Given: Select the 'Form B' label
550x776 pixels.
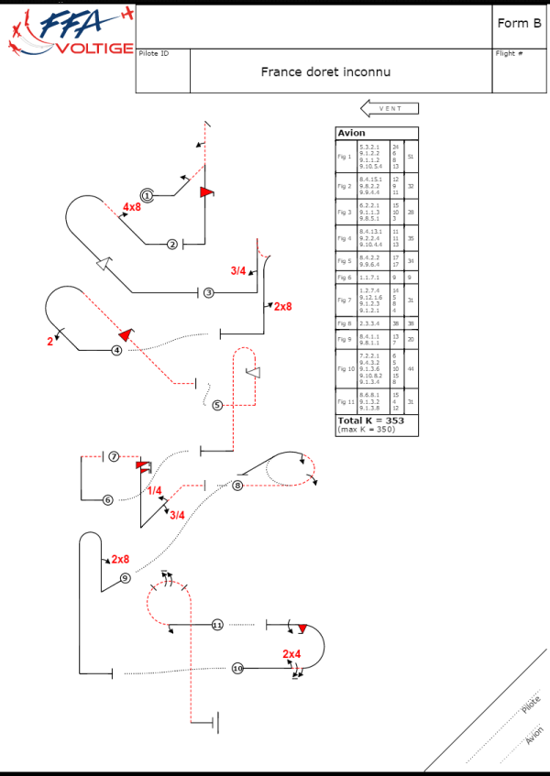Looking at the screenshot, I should click(517, 24).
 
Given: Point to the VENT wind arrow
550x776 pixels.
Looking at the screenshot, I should click(390, 109).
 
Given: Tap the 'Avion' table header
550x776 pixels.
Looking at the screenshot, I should click(351, 133).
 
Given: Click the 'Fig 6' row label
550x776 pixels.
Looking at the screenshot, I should click(345, 278).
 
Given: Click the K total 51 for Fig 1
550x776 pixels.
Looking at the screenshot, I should click(411, 157).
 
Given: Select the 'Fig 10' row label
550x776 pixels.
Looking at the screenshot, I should click(346, 368).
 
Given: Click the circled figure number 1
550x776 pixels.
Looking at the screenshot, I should click(146, 193).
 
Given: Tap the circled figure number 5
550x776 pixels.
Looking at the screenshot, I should click(217, 405).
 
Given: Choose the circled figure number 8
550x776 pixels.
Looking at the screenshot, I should click(237, 485).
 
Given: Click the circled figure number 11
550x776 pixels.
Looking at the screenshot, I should click(217, 625).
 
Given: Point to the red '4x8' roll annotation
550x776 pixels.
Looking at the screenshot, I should click(132, 207).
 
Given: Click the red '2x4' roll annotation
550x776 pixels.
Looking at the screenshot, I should click(291, 653).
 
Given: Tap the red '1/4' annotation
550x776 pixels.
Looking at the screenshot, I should click(154, 491).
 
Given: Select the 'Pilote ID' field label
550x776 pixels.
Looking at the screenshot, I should click(153, 53).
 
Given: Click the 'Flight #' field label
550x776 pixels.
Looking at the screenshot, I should click(509, 53).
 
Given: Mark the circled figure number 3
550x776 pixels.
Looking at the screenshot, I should click(209, 292).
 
